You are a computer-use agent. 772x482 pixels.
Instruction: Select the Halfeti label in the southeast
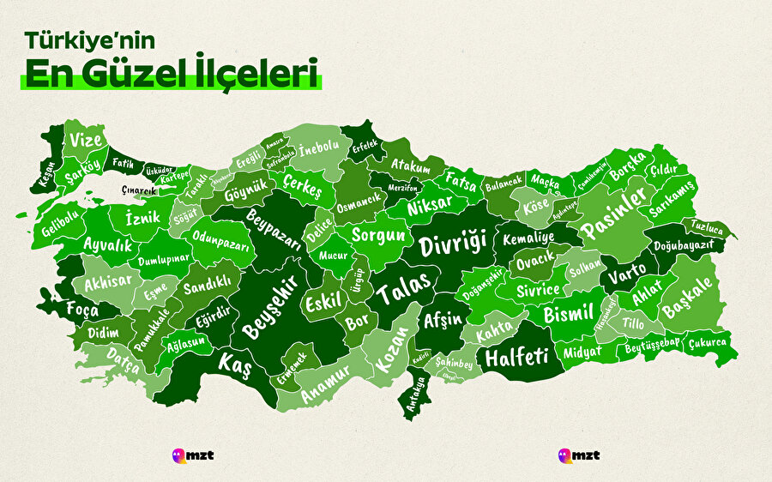(516, 357)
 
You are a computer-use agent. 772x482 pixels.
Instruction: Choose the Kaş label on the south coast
(233, 364)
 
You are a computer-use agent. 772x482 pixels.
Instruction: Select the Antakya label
(419, 395)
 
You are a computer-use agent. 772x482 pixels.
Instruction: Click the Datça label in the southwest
(123, 360)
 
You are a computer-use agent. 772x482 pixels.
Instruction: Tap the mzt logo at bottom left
(192, 454)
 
